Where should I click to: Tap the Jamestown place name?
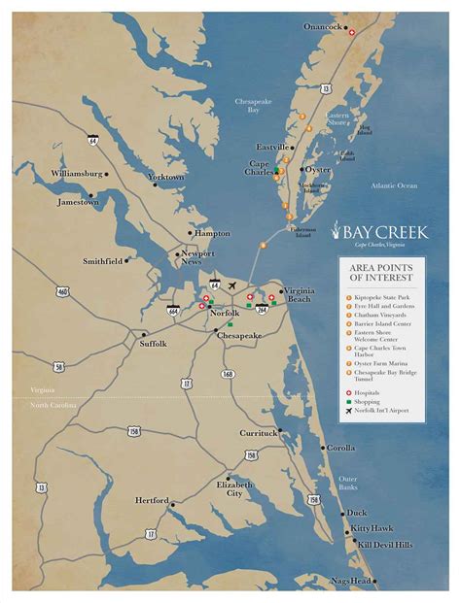tap(77, 202)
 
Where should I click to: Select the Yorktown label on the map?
tap(165, 177)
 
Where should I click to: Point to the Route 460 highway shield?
tap(63, 291)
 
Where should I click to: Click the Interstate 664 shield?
tap(173, 311)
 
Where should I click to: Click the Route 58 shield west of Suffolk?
tap(59, 367)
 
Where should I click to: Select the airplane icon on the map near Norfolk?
tap(231, 285)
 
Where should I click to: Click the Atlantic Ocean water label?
tap(394, 185)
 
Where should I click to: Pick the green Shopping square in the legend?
tap(348, 401)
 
